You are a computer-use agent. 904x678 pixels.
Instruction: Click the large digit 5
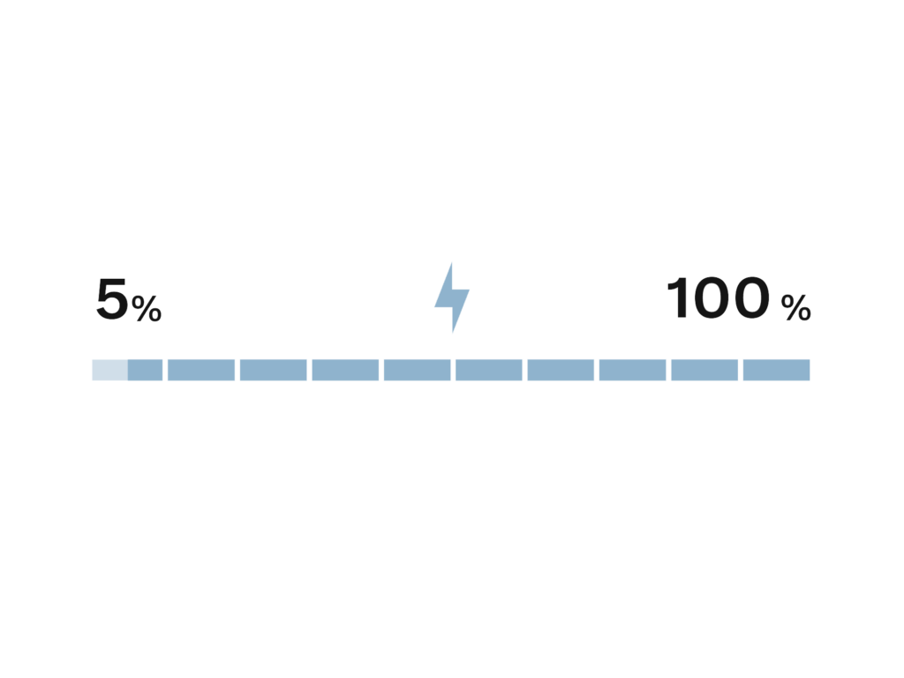[x=112, y=298]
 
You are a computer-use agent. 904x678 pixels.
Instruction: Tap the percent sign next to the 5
[x=147, y=308]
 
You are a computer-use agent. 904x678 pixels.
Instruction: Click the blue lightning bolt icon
[x=452, y=298]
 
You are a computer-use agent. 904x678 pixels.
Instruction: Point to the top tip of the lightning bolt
[x=451, y=263]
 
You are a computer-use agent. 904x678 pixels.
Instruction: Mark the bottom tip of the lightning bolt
[x=453, y=333]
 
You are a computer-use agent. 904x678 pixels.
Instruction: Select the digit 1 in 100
[x=677, y=298]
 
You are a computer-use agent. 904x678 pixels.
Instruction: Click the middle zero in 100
[x=712, y=298]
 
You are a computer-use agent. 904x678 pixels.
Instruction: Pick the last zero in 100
[x=750, y=298]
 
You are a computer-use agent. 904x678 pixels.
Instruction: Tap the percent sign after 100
[x=795, y=308]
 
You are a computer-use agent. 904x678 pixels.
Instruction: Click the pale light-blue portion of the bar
[x=110, y=370]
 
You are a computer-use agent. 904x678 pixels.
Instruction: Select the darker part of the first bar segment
[x=146, y=370]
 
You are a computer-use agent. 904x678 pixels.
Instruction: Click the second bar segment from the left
[x=201, y=370]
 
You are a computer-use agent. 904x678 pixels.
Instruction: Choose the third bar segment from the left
[x=274, y=370]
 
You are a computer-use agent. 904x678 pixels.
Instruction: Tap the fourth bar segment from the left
[x=345, y=370]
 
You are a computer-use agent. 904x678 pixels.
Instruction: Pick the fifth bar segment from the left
[x=418, y=370]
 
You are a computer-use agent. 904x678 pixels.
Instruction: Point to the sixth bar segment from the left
[x=489, y=370]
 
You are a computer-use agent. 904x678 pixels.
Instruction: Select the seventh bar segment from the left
[x=561, y=370]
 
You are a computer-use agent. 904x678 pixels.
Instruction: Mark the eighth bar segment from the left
[x=632, y=370]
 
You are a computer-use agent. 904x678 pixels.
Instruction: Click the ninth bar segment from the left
[x=704, y=370]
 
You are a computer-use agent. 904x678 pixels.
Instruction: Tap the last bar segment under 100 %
[x=777, y=370]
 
